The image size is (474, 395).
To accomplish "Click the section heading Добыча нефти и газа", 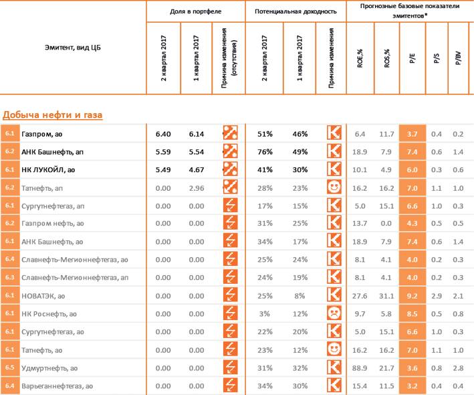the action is click(x=53, y=114).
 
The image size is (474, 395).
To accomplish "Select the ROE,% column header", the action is click(x=360, y=58).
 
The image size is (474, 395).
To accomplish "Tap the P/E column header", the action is click(x=412, y=58).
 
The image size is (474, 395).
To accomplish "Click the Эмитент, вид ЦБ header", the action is click(x=73, y=48).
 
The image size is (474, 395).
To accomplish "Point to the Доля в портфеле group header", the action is click(x=196, y=11).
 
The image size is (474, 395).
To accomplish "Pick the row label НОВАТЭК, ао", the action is click(x=43, y=296).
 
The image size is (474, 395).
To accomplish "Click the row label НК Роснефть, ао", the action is click(x=49, y=314).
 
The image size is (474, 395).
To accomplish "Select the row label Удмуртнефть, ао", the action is click(x=49, y=368).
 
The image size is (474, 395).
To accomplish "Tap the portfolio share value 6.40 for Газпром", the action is click(x=163, y=134).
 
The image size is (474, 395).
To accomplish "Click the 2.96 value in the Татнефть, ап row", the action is click(x=197, y=188).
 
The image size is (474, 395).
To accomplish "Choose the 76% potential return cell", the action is click(x=265, y=152).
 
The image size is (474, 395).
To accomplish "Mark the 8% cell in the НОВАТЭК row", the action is click(x=300, y=296).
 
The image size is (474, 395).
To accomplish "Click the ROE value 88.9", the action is click(x=360, y=368).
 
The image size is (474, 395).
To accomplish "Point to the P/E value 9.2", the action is click(x=412, y=296).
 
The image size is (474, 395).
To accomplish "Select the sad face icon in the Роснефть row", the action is click(x=334, y=313).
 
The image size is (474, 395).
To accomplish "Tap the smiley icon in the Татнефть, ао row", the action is click(x=334, y=349).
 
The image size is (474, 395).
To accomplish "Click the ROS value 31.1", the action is click(x=386, y=296).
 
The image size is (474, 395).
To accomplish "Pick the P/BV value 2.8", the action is click(x=458, y=368).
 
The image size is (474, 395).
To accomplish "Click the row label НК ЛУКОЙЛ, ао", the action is click(x=48, y=170).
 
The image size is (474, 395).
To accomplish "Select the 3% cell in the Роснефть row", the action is click(x=265, y=314).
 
